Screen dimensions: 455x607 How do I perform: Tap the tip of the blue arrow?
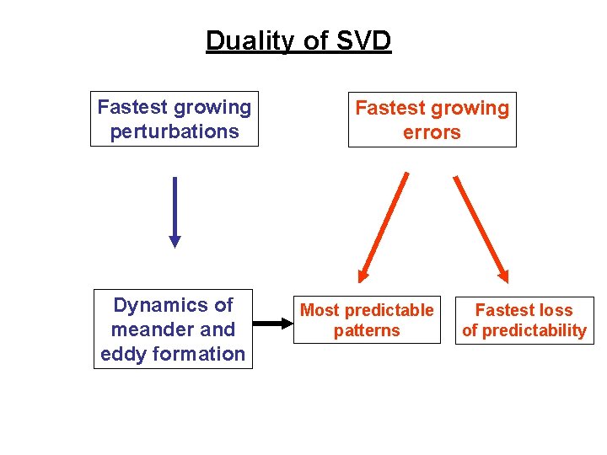(175, 244)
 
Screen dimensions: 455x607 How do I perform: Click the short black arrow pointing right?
(271, 323)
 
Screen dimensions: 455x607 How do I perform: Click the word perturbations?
(175, 131)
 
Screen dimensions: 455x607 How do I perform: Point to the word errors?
(432, 132)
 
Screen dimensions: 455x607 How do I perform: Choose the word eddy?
(121, 354)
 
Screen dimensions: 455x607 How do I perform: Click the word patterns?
(367, 331)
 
